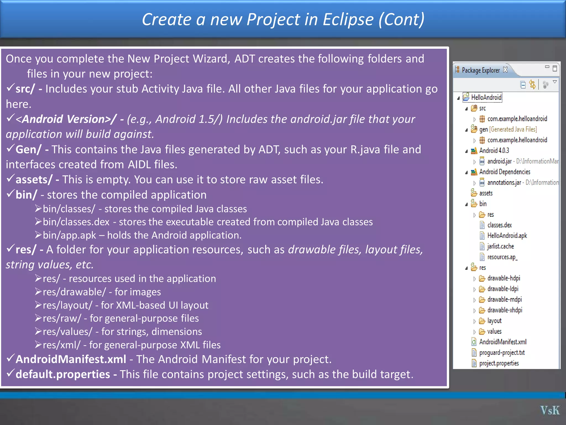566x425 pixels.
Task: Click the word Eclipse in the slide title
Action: pyautogui.click(x=348, y=19)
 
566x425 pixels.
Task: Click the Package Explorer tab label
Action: pyautogui.click(x=481, y=70)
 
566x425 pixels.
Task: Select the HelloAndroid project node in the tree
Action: pyautogui.click(x=486, y=97)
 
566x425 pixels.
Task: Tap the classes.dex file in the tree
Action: pyautogui.click(x=499, y=225)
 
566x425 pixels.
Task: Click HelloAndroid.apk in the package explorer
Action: pyautogui.click(x=507, y=235)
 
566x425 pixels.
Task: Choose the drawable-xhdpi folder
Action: pyautogui.click(x=505, y=310)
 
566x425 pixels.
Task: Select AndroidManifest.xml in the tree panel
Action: pyautogui.click(x=503, y=342)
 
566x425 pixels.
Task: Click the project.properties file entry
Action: pyautogui.click(x=499, y=363)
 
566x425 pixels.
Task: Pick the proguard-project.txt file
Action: pyautogui.click(x=502, y=353)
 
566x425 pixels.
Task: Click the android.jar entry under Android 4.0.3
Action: pyautogui.click(x=499, y=161)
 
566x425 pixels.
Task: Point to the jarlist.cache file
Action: pyautogui.click(x=501, y=246)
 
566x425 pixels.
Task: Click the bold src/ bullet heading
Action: pyautogui.click(x=25, y=89)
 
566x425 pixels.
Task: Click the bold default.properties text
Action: pyautogui.click(x=63, y=374)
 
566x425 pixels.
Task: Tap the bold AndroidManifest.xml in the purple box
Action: pyautogui.click(x=71, y=359)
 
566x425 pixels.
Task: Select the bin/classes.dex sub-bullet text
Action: pyautogui.click(x=76, y=222)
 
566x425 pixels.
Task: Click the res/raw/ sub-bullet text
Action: pyautogui.click(x=62, y=318)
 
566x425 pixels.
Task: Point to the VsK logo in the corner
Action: pyautogui.click(x=550, y=410)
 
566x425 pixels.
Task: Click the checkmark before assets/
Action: pyautogui.click(x=10, y=178)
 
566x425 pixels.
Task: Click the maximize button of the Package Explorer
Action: pyautogui.click(x=555, y=68)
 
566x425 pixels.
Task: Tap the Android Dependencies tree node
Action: pyautogui.click(x=504, y=172)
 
